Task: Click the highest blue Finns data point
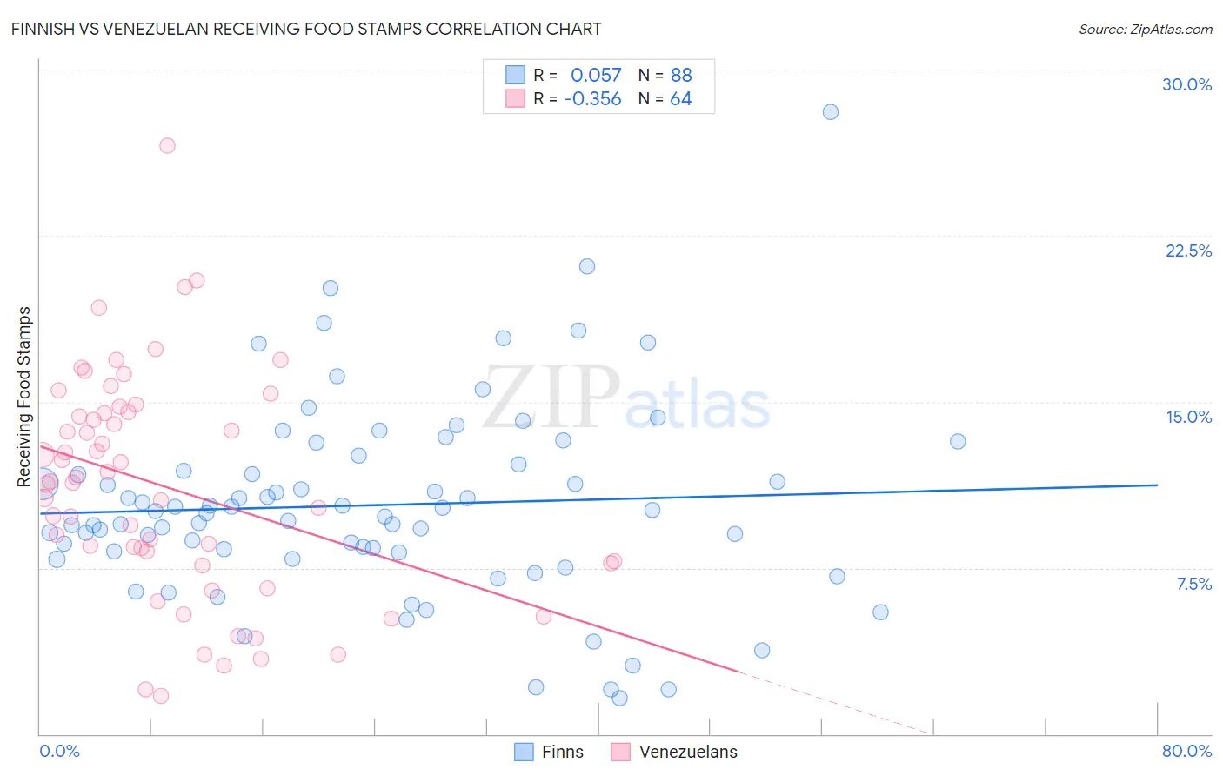coord(831,111)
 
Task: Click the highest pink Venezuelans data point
coord(167,145)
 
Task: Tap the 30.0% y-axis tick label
coord(1186,84)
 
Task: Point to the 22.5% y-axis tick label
coord(1188,251)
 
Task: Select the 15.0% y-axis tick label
coord(1188,417)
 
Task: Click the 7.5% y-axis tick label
coord(1193,584)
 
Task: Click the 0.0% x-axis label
coord(59,751)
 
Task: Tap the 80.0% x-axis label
coord(1186,751)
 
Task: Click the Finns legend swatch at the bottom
coord(524,752)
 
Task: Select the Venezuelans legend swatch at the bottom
coord(620,752)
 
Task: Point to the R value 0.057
coord(596,76)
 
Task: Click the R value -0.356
coord(592,99)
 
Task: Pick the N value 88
coord(681,76)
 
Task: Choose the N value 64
coord(680,99)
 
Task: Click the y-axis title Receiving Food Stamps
coord(24,397)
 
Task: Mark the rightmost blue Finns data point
coord(958,441)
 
